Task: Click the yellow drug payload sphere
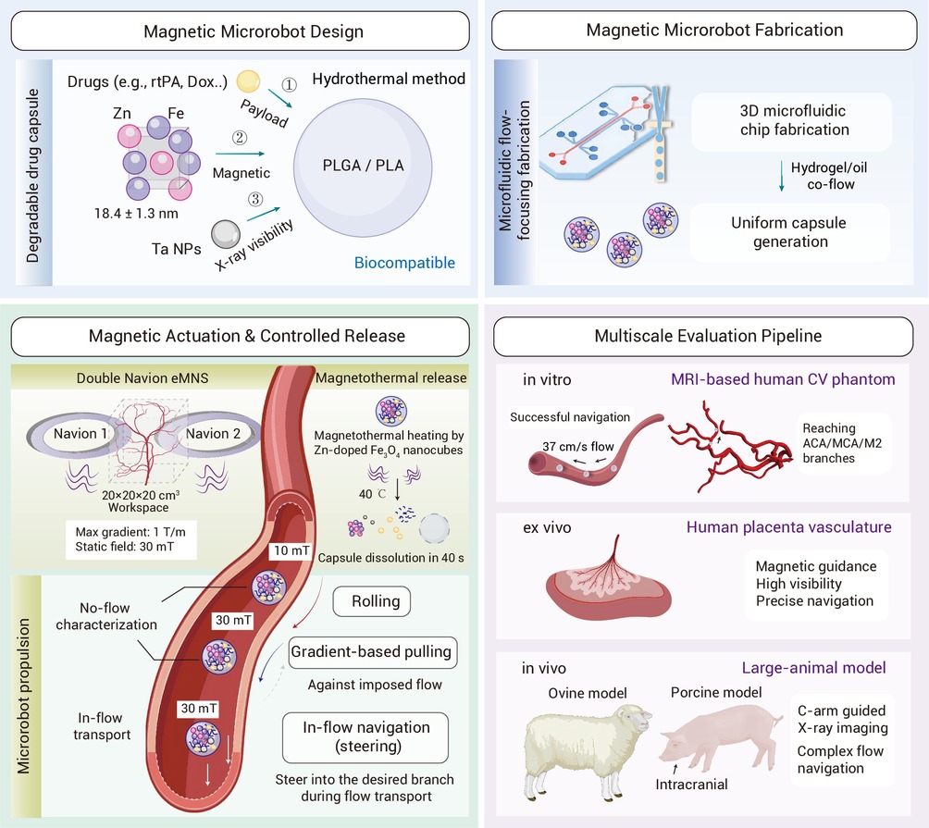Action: pyautogui.click(x=248, y=81)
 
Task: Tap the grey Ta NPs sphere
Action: pyautogui.click(x=226, y=234)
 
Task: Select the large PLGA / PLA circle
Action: pyautogui.click(x=363, y=167)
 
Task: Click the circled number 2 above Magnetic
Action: pyautogui.click(x=240, y=138)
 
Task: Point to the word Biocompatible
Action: pyautogui.click(x=404, y=263)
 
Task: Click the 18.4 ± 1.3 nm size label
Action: pyautogui.click(x=136, y=213)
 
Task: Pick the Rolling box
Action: pyautogui.click(x=371, y=601)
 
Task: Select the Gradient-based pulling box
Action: pyautogui.click(x=372, y=652)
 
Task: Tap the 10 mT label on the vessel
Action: pyautogui.click(x=291, y=550)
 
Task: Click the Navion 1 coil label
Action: pyautogui.click(x=80, y=434)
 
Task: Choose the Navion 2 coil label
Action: pyautogui.click(x=214, y=434)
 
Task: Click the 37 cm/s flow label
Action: pyautogui.click(x=578, y=447)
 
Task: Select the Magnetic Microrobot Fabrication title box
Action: pyautogui.click(x=704, y=31)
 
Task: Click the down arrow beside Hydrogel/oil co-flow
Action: pyautogui.click(x=782, y=176)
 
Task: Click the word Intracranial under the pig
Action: pyautogui.click(x=691, y=785)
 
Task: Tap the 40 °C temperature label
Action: pyautogui.click(x=372, y=494)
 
